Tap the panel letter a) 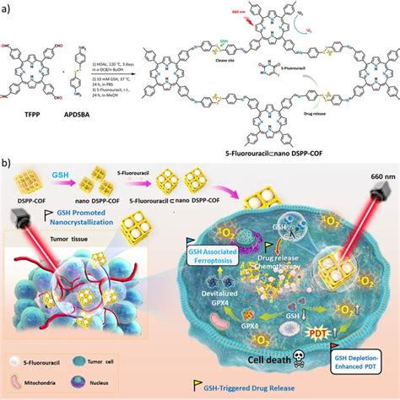click(8, 7)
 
